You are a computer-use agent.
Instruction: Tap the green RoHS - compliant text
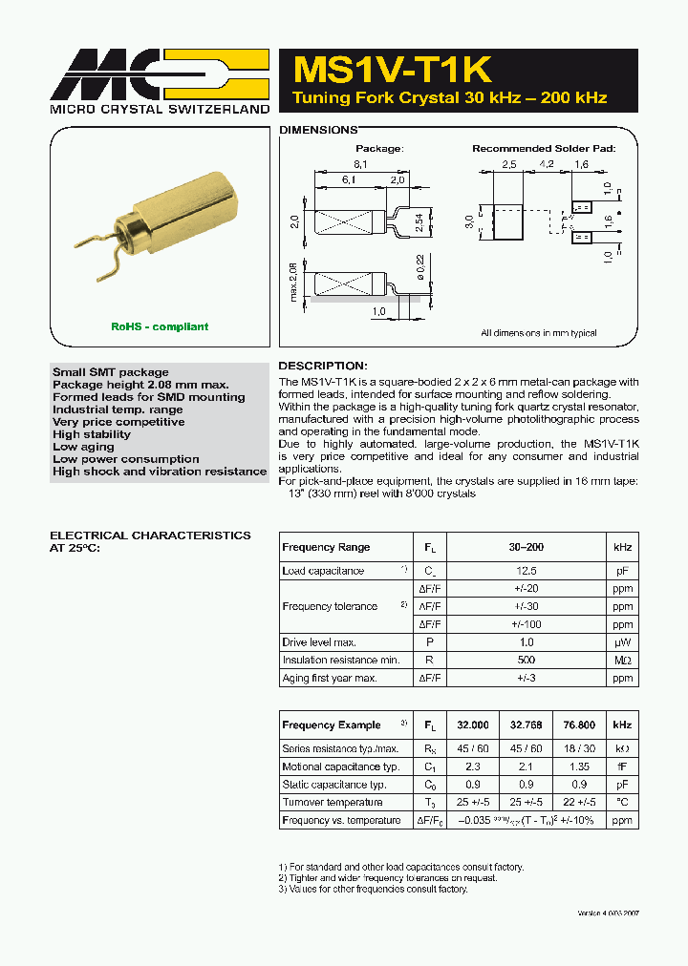click(159, 326)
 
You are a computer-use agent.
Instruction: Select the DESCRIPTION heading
click(322, 366)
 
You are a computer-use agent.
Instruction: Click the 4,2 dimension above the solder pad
click(546, 164)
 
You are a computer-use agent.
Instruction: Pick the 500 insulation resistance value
click(527, 660)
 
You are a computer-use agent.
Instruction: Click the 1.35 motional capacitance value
click(579, 767)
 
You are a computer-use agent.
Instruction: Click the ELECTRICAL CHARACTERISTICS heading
click(150, 535)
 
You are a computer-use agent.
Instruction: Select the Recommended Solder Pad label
click(544, 149)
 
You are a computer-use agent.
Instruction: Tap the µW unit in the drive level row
click(622, 642)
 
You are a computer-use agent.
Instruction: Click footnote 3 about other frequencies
click(373, 889)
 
